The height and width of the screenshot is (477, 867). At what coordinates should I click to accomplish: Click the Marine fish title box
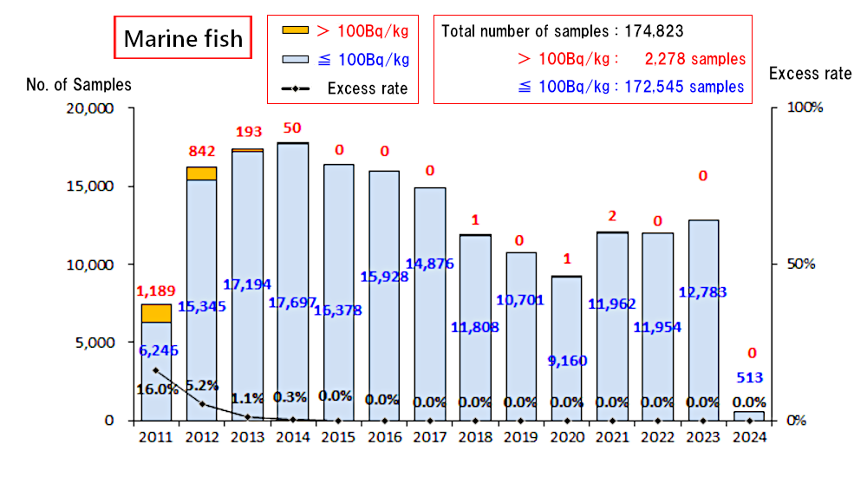point(183,39)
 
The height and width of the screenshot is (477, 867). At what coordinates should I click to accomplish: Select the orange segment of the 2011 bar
point(156,313)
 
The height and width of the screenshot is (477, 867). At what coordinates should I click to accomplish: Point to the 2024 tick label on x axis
point(748,438)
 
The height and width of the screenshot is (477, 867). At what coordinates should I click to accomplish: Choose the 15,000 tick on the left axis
point(93,186)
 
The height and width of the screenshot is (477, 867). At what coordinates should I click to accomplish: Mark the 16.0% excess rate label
point(157,389)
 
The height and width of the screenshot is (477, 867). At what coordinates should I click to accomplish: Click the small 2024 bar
point(748,415)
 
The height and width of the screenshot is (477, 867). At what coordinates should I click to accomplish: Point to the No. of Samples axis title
point(79,84)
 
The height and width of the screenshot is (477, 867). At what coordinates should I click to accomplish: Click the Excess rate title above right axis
point(810,74)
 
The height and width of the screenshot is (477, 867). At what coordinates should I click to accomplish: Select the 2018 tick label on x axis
point(475,438)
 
